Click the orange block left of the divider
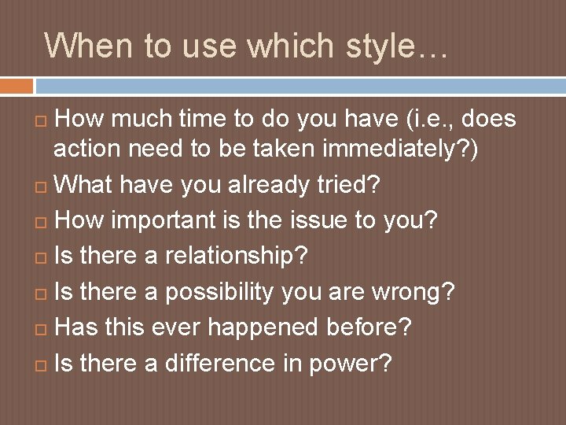(x=17, y=85)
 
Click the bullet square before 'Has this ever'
(x=42, y=328)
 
